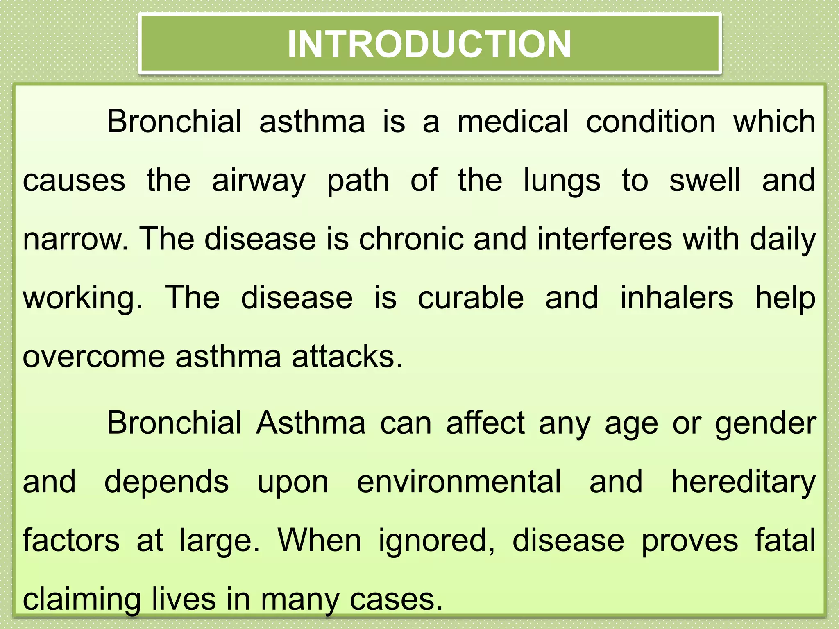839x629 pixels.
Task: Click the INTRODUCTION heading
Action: coord(429,44)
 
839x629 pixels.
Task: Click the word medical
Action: coord(512,122)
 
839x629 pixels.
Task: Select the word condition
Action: coord(651,122)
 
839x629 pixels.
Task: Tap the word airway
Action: coord(259,181)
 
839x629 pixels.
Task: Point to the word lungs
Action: coord(562,181)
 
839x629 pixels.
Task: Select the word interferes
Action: coord(605,239)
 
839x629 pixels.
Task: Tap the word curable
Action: coord(471,298)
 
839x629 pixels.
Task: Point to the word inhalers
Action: coord(676,298)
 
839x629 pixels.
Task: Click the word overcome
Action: coord(94,357)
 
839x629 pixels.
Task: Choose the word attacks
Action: coord(347,357)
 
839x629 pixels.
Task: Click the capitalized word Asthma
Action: coord(311,423)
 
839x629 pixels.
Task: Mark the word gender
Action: coord(765,424)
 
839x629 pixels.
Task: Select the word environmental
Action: coord(459,482)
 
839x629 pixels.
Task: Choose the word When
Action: coord(320,541)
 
